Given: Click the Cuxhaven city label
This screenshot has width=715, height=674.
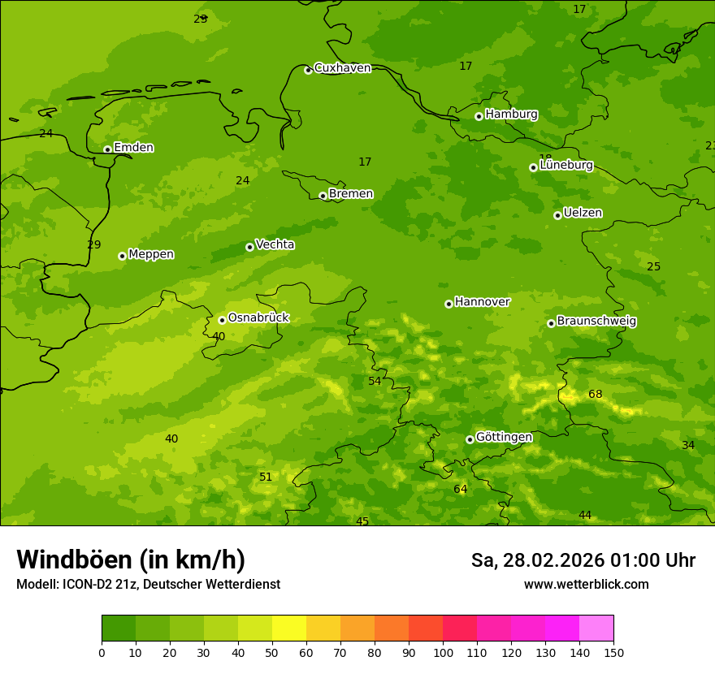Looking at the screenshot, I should (x=342, y=68).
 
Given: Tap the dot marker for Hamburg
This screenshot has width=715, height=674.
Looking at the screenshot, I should (x=479, y=116).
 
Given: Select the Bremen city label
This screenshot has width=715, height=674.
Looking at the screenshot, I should (x=350, y=194).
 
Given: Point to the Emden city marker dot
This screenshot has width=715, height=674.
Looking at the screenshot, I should (x=107, y=149).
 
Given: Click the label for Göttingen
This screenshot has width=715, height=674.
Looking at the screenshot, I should (x=504, y=438).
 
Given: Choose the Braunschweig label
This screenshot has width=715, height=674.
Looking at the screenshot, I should (x=596, y=322).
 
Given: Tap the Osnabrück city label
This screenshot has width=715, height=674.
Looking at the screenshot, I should (x=258, y=318).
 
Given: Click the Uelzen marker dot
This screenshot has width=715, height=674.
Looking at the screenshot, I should (x=557, y=215).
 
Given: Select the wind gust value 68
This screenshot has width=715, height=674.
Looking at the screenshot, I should (x=596, y=395).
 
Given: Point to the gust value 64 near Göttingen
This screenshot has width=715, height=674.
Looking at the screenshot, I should (x=461, y=490).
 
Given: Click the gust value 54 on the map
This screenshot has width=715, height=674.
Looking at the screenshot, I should (x=375, y=382).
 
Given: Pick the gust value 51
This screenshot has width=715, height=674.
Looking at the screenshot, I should (x=266, y=477).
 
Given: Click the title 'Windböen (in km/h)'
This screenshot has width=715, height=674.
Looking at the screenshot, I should (x=131, y=560).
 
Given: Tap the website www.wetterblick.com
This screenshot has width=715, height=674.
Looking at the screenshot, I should (x=586, y=585).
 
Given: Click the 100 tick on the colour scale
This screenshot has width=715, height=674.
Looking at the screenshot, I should (x=443, y=652).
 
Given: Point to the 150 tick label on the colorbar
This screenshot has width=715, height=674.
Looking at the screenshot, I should (x=613, y=652).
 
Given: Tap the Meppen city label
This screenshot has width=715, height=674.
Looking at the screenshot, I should (x=151, y=254).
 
